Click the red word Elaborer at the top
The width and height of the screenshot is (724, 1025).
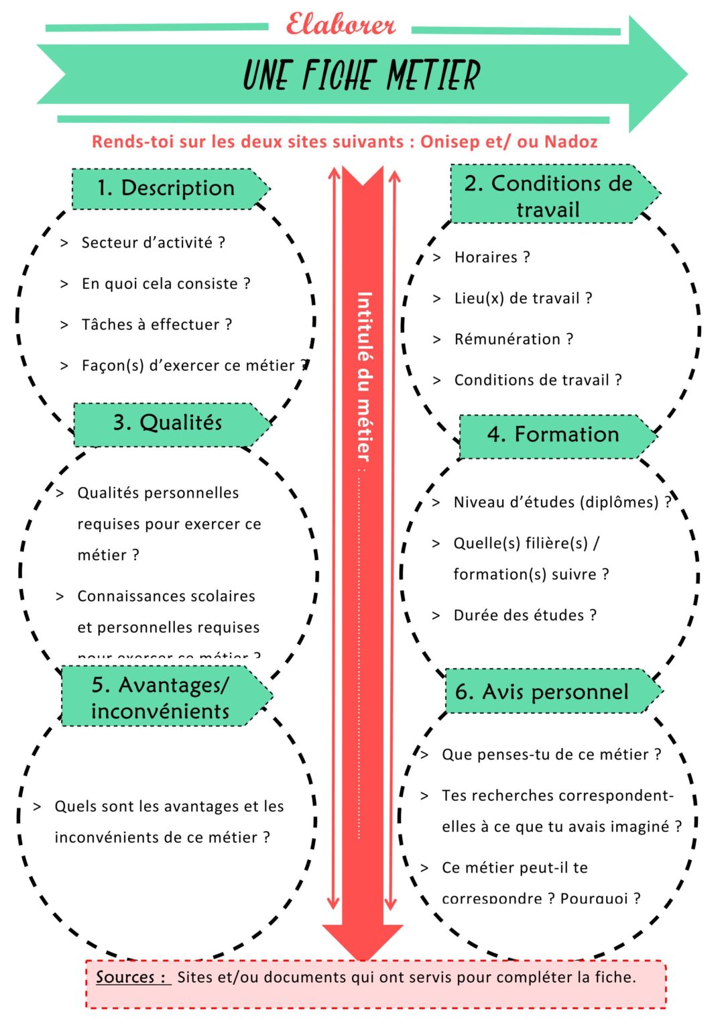coord(341,25)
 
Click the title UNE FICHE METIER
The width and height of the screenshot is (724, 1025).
coord(361,74)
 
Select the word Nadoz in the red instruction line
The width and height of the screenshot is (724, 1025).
coord(570,142)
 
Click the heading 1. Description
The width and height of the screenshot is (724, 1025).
coord(166,188)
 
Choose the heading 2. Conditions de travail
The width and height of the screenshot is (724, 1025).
coord(548,195)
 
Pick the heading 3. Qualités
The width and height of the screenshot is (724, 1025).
coord(168,423)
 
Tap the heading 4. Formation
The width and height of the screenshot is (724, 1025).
coord(553,435)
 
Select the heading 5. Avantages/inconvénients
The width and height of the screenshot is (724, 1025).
coord(160,698)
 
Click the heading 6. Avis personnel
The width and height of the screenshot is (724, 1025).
coord(542,692)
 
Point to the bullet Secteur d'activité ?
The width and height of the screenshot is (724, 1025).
coord(153,242)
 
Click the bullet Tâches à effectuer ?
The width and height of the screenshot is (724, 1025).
coord(156,325)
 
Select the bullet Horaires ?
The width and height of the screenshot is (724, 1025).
coord(492,258)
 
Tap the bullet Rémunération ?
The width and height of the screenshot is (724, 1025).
coord(514,339)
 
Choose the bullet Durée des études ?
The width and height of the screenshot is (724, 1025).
coord(525,615)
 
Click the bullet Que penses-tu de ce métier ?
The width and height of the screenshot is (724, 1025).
coord(551,755)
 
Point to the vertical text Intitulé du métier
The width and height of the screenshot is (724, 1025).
coord(363,376)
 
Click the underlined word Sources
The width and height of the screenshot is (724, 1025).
coord(125,977)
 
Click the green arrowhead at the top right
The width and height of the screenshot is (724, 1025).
coord(657,74)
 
